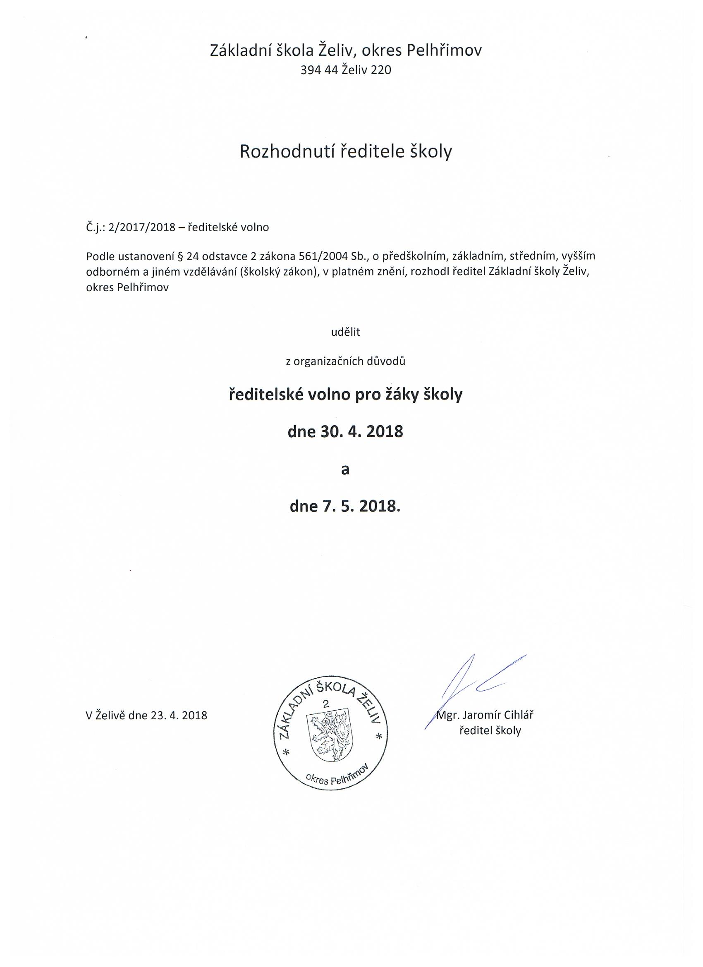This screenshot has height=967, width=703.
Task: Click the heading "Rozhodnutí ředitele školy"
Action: [x=346, y=152]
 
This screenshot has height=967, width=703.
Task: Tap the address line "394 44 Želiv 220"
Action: [x=346, y=70]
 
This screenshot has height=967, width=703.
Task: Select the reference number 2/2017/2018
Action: [x=142, y=227]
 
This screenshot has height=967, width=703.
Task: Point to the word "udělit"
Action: [x=346, y=332]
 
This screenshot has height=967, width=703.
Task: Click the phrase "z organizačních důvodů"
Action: [x=345, y=361]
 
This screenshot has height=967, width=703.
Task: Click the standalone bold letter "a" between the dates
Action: [x=345, y=469]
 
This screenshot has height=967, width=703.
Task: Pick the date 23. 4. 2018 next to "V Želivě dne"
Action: [x=179, y=715]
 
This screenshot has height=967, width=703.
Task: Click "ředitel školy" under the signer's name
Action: [x=490, y=730]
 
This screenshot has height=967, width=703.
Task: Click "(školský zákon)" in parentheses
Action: [x=279, y=272]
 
